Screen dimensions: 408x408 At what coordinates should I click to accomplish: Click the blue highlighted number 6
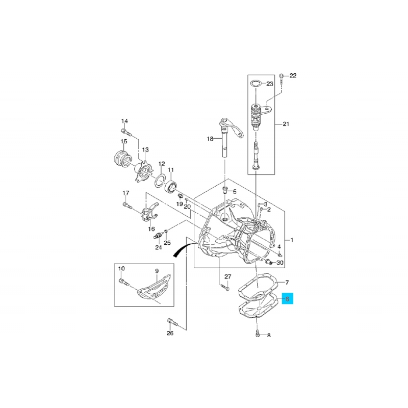(x=287, y=298)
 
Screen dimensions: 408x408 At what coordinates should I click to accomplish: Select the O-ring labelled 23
(x=256, y=84)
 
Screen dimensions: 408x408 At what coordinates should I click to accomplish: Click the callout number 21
(x=286, y=124)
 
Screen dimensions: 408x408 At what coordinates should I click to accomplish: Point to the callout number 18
(x=210, y=139)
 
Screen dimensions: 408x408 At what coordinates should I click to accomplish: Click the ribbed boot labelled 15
(x=122, y=158)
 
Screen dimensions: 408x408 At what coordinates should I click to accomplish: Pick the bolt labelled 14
(x=126, y=133)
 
